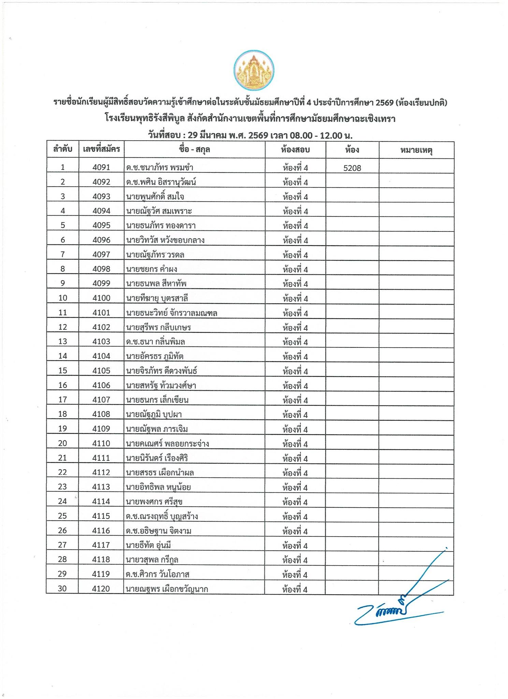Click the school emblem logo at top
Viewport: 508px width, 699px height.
[x=254, y=70]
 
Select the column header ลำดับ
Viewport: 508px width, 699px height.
[x=63, y=149]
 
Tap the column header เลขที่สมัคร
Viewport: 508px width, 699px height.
[x=101, y=149]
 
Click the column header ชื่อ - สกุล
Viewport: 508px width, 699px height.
[x=194, y=149]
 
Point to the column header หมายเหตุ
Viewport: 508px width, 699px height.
[x=416, y=150]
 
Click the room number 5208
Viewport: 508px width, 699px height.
[x=352, y=168]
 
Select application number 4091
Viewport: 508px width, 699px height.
[x=101, y=167]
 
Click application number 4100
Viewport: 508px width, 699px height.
[x=101, y=298]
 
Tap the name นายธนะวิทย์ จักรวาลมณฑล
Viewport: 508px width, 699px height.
[x=172, y=313]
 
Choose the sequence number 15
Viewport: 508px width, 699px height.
[x=63, y=371]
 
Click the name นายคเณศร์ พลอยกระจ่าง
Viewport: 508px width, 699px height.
[x=167, y=444]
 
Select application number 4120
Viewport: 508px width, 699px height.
[x=101, y=589]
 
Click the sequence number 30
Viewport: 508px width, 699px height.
[x=62, y=589]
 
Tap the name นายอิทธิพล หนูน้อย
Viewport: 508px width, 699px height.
[x=158, y=487]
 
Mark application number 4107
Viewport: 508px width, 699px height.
[x=101, y=400]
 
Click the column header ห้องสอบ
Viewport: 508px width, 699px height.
[x=295, y=149]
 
